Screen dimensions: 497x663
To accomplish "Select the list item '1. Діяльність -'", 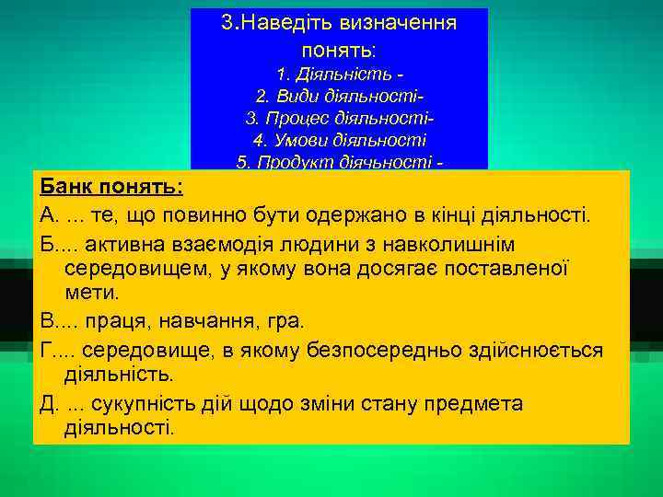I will [x=340, y=73].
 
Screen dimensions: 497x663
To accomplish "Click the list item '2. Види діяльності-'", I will [x=340, y=96].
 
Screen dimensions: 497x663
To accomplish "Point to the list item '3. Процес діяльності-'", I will [x=340, y=119].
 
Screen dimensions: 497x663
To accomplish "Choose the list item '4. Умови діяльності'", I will [x=340, y=141].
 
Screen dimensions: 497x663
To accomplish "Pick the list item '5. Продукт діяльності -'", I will [x=340, y=163].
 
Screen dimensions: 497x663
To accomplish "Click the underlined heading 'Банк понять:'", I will [x=110, y=187].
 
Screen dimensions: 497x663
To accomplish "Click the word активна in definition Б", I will [x=129, y=244].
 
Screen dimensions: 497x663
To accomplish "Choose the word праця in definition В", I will [x=123, y=323].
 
